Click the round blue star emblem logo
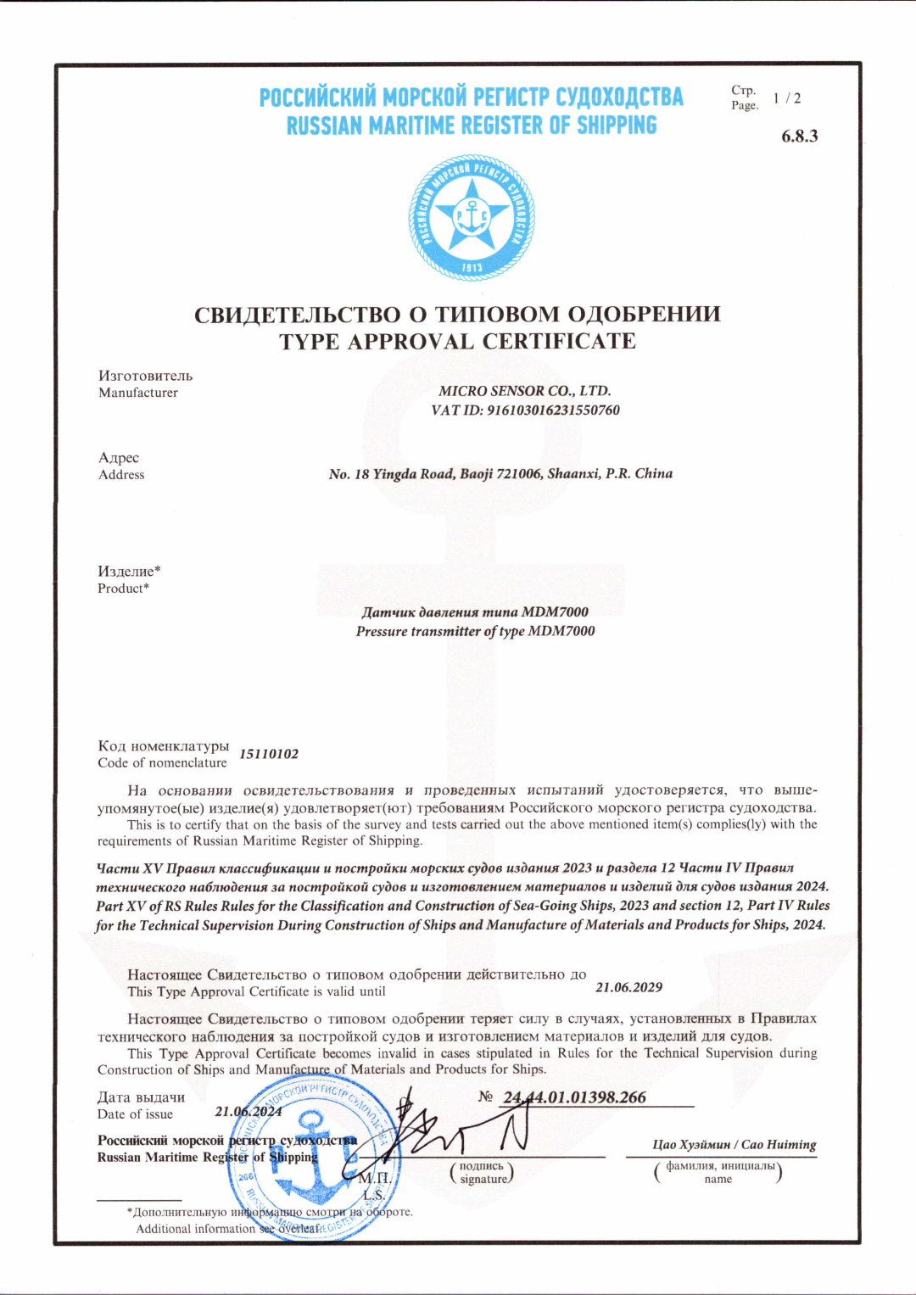tap(472, 217)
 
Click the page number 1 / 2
tap(786, 98)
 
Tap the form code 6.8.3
tap(799, 137)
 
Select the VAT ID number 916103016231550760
tap(553, 410)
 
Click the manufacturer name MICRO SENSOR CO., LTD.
tap(524, 391)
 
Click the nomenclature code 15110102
tap(269, 754)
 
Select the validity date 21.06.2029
tap(628, 987)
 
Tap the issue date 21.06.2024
tap(248, 1112)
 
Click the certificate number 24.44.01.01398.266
tap(574, 1097)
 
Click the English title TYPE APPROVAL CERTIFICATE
tap(457, 342)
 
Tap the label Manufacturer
tap(138, 393)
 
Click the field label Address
tap(121, 475)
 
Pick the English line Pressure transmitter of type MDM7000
tap(475, 631)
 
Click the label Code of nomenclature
tap(162, 762)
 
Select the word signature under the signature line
tap(483, 1179)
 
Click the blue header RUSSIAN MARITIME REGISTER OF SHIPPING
tap(472, 126)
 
